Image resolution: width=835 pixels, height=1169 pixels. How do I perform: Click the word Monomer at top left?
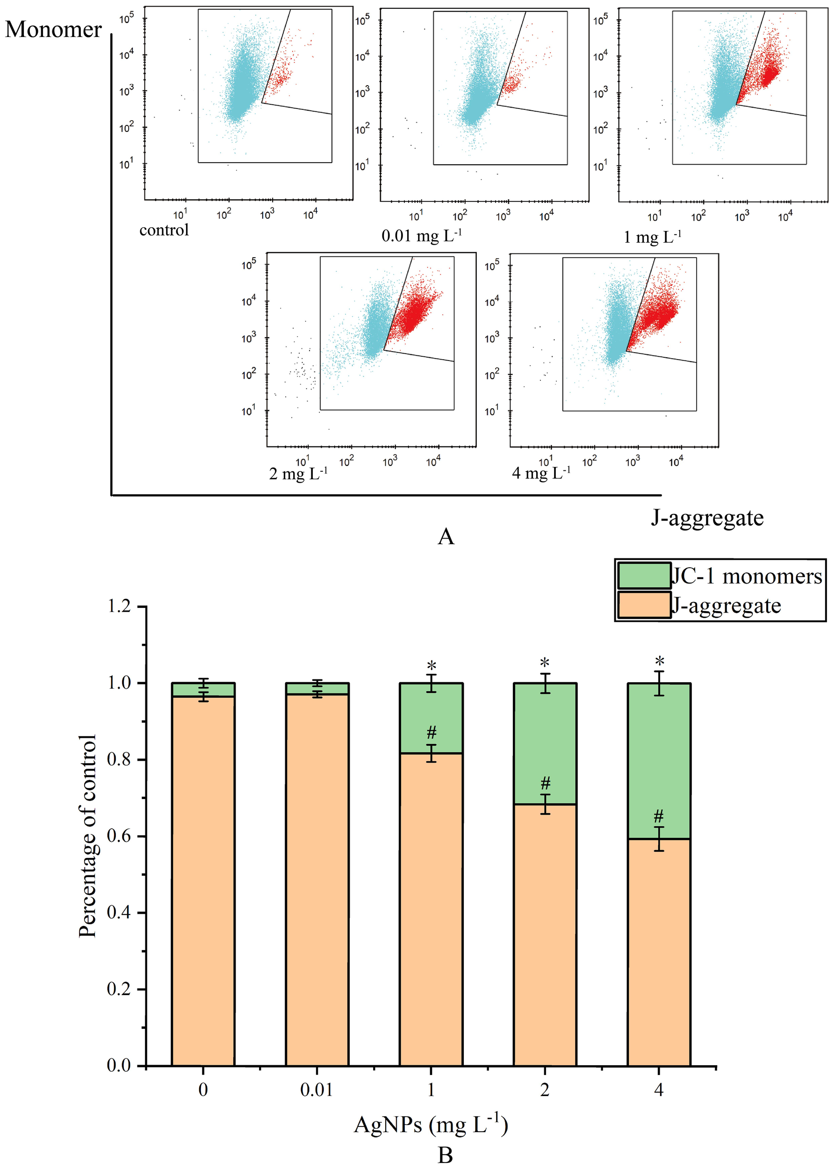(53, 30)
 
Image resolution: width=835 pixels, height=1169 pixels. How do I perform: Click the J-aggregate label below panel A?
(707, 518)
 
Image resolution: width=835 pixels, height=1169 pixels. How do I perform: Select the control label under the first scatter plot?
(164, 230)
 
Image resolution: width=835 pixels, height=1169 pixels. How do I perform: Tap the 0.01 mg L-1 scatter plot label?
(422, 236)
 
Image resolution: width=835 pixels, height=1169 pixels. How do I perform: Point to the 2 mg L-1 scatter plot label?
(298, 473)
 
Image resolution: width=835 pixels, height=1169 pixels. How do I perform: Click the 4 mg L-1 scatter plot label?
(541, 473)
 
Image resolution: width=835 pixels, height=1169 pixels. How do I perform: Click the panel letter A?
(446, 537)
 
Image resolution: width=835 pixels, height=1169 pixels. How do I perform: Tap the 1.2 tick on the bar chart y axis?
(119, 606)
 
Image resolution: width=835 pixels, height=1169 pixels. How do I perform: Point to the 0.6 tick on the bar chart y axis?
(119, 836)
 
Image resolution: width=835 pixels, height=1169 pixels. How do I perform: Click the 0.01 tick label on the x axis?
(317, 1090)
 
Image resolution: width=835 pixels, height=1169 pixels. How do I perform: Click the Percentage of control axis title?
(87, 836)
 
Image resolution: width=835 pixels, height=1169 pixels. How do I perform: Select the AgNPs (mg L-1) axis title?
(431, 1124)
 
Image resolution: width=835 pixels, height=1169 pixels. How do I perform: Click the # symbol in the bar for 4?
(659, 815)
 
